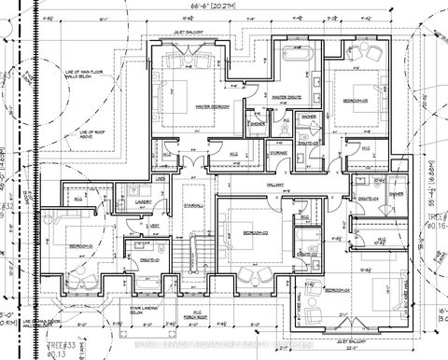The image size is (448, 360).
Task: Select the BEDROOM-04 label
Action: point(338,290)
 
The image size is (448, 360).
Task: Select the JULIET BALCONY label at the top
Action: point(190,31)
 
